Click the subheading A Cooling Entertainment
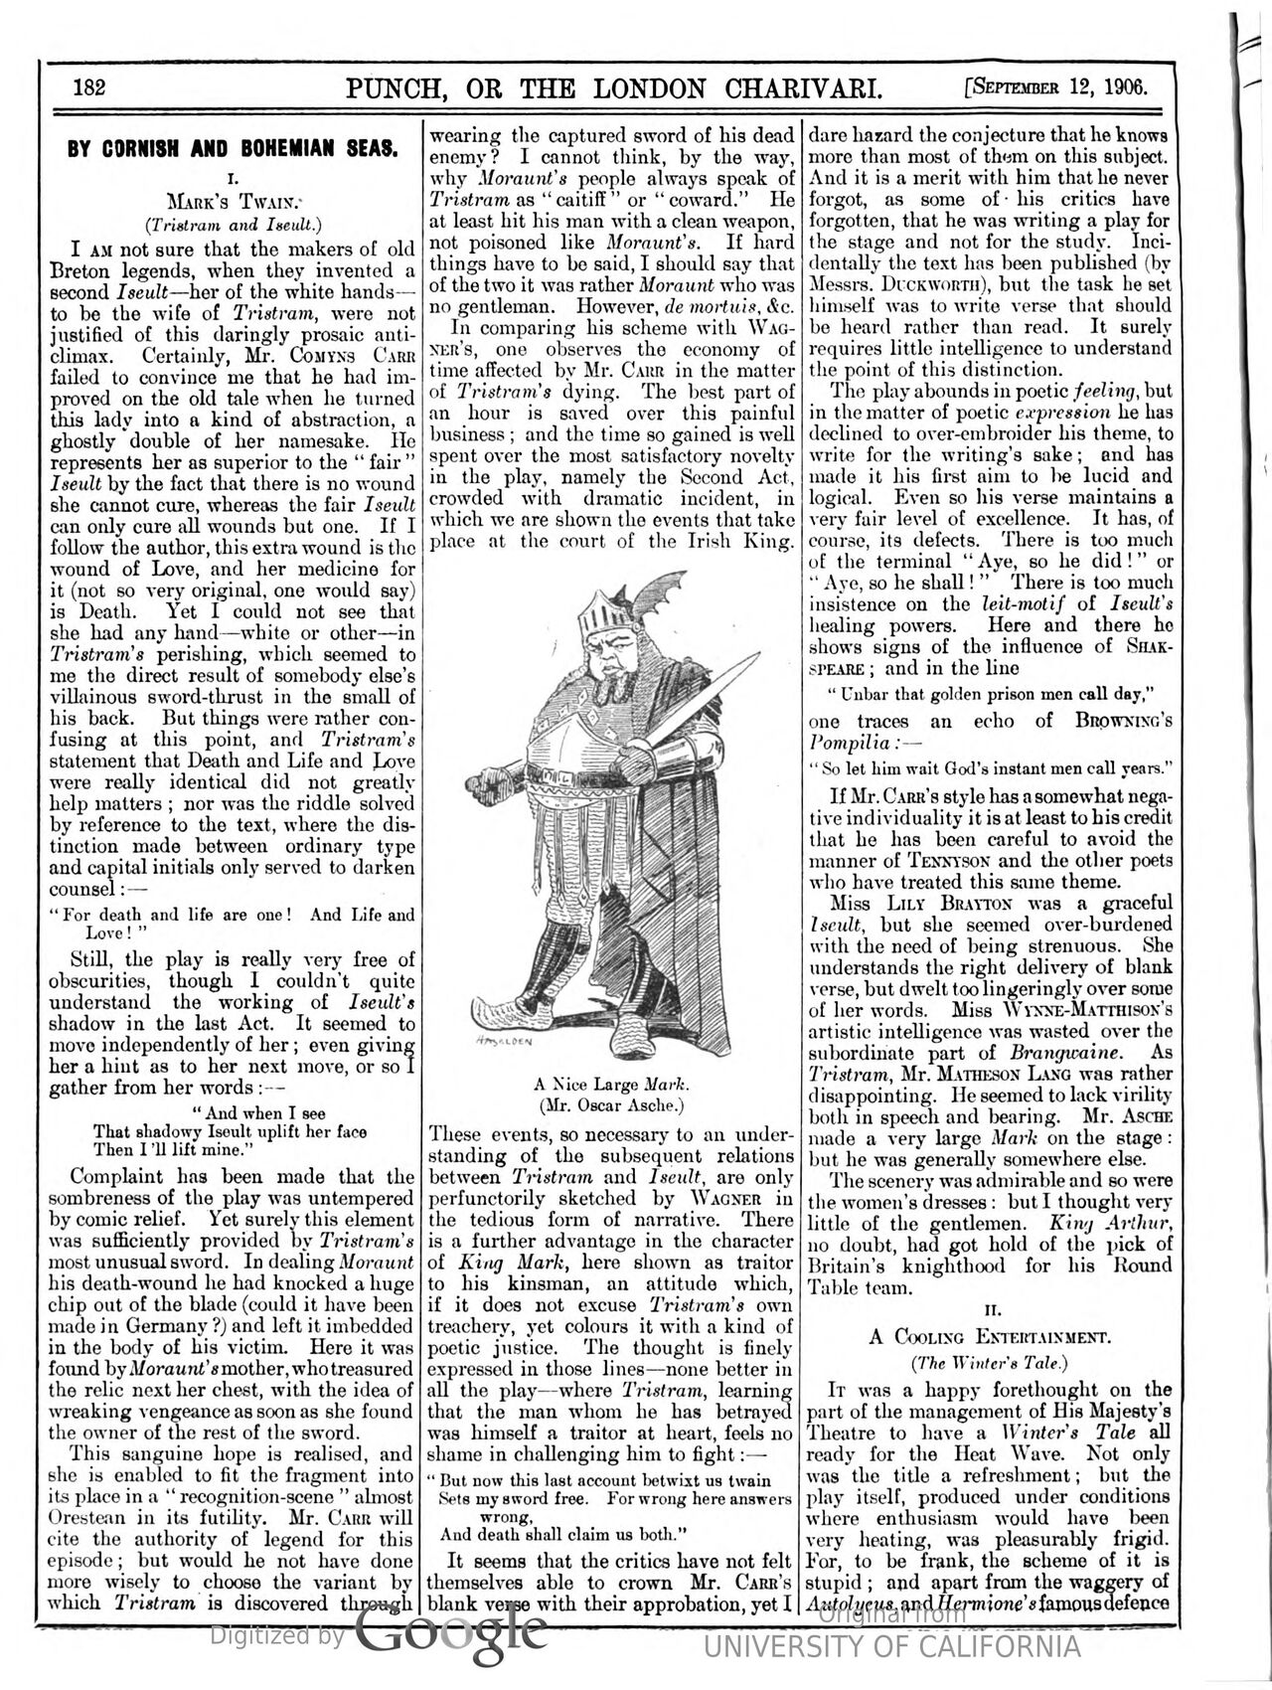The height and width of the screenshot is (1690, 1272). pos(991,1337)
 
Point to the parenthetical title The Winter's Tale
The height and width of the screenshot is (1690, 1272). pos(991,1361)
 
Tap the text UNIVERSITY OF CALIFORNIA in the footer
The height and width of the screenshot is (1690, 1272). pos(891,1646)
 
